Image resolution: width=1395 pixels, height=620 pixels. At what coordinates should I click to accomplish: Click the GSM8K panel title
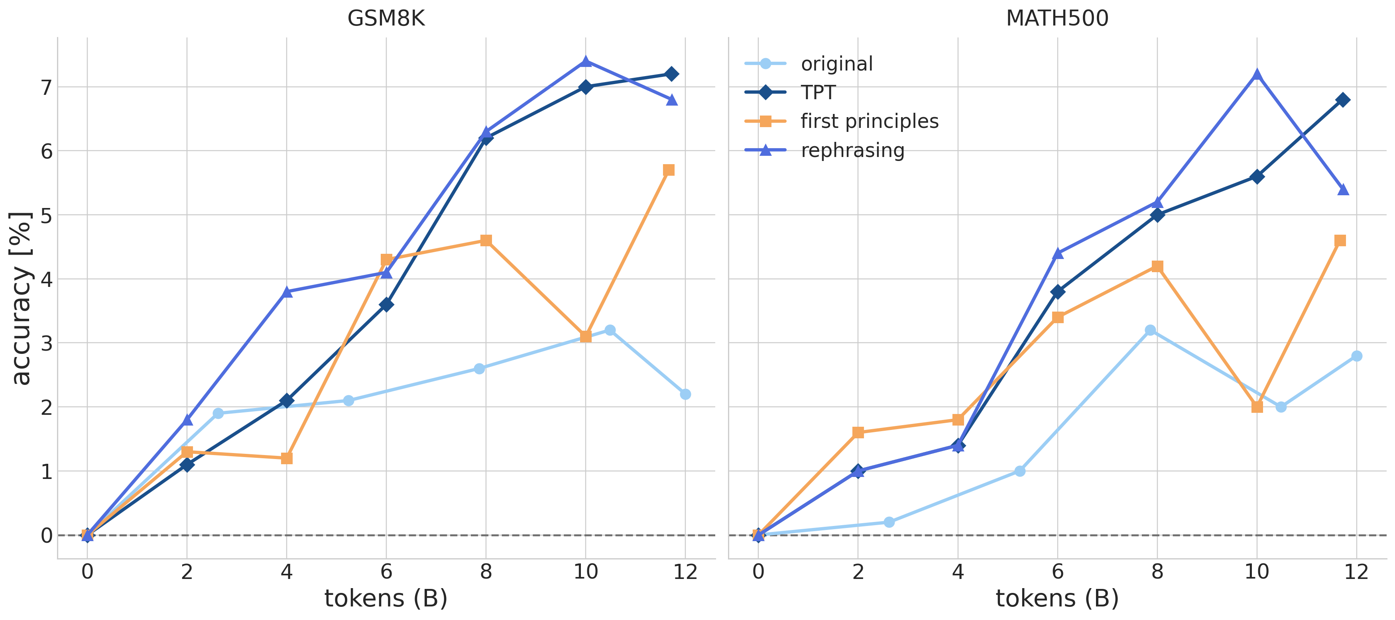386,18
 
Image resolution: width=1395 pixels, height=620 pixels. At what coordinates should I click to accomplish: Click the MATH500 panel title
1057,18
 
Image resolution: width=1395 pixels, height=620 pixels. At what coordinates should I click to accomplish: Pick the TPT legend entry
818,92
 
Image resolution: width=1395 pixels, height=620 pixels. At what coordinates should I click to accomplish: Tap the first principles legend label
869,121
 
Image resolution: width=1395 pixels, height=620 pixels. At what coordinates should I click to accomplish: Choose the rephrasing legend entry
852,150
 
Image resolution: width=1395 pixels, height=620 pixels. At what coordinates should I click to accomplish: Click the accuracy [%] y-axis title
22,298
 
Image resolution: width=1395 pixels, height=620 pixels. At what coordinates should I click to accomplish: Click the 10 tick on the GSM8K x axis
585,572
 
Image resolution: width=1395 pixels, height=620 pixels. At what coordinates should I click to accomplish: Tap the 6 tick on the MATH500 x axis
1058,572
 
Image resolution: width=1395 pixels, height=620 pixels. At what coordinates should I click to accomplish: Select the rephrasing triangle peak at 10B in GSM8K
585,62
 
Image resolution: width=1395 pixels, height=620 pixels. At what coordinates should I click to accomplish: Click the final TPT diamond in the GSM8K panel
671,74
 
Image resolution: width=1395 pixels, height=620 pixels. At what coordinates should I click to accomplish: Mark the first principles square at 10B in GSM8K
585,337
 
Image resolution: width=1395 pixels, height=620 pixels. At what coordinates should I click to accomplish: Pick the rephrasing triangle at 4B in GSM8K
287,292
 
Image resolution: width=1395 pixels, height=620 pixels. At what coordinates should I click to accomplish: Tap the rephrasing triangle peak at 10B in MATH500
1257,74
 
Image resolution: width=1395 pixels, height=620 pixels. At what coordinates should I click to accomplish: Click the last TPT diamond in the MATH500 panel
1342,100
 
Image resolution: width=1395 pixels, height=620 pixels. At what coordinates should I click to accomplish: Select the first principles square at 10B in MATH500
1257,407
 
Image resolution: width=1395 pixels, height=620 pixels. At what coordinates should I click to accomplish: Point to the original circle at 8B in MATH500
1151,330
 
